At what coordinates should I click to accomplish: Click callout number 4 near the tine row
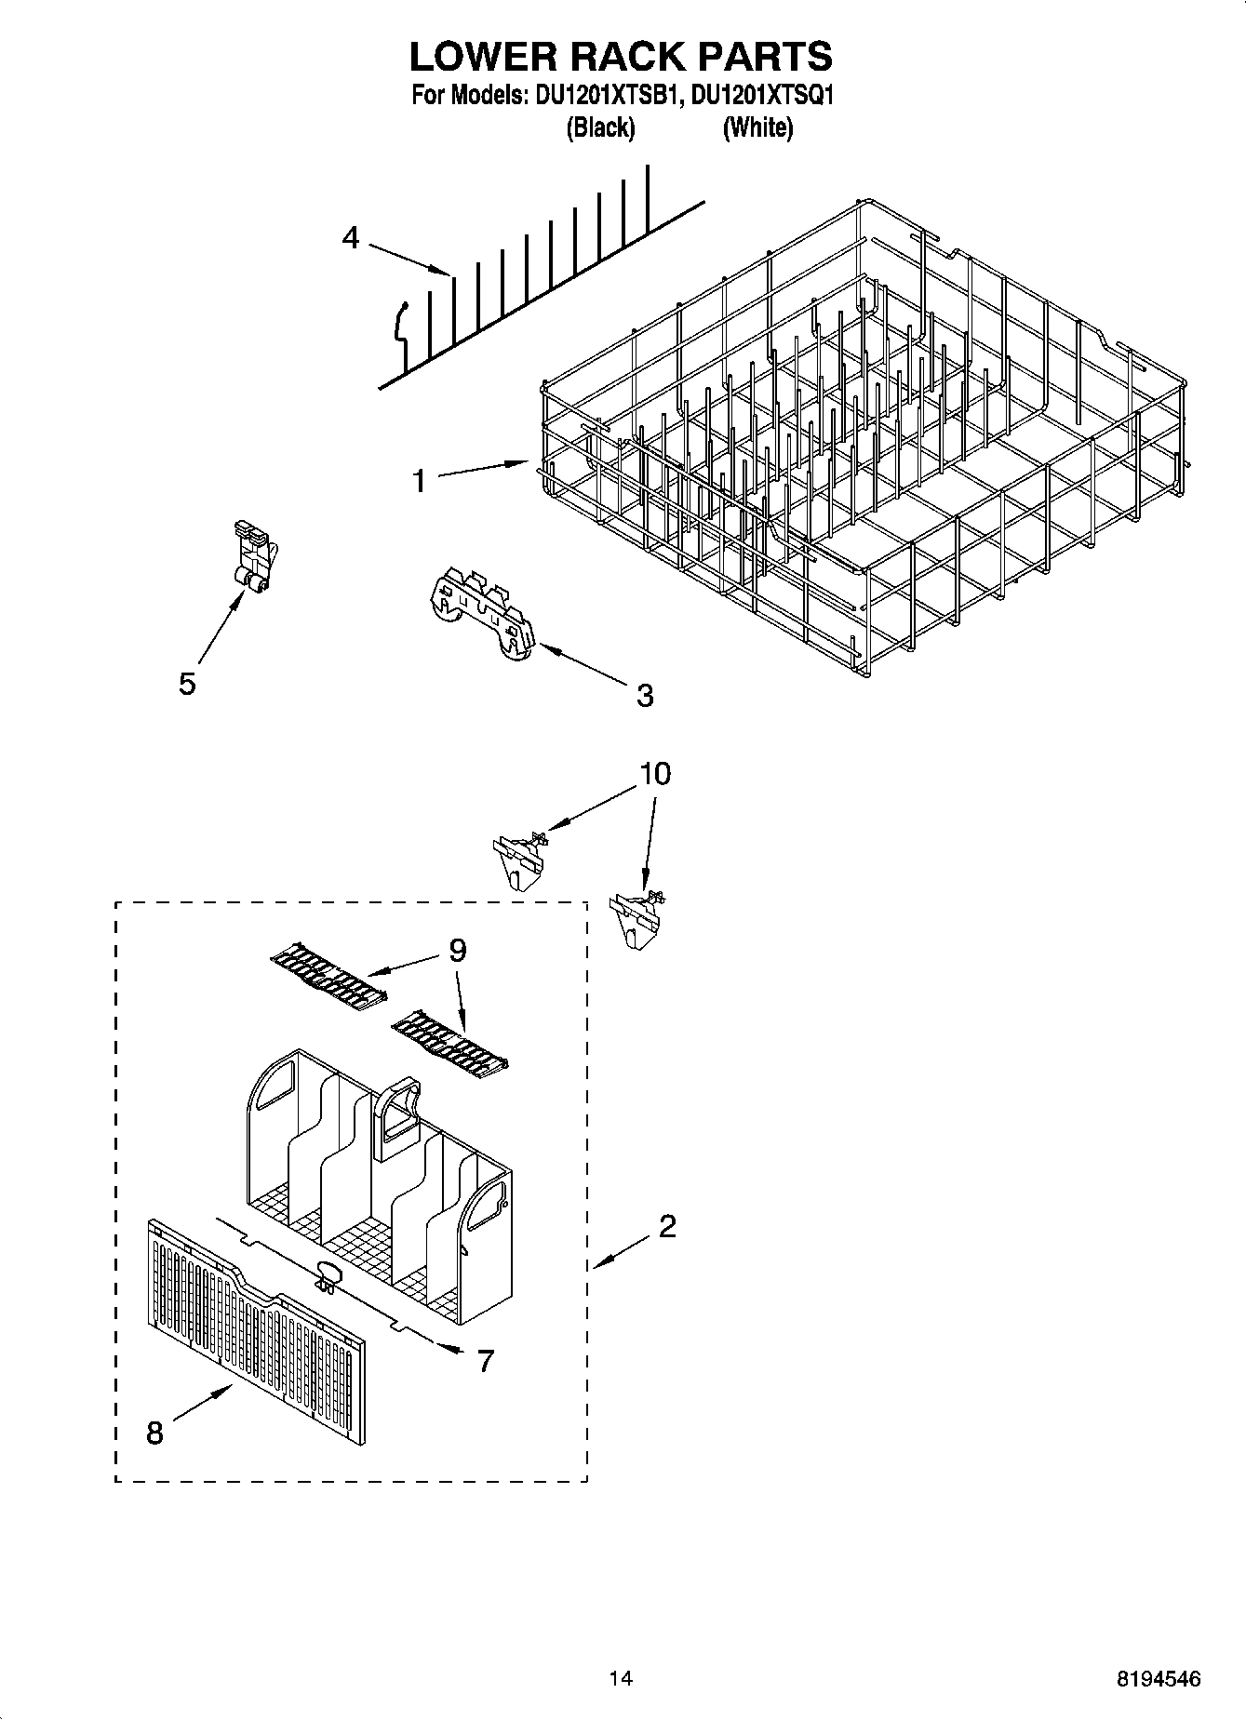pyautogui.click(x=350, y=238)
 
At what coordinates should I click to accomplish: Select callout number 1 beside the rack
pyautogui.click(x=419, y=481)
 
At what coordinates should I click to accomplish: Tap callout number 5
pyautogui.click(x=187, y=684)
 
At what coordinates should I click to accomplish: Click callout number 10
pyautogui.click(x=655, y=773)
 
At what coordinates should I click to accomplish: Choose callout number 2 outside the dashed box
pyautogui.click(x=666, y=1227)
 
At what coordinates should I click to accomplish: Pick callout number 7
pyautogui.click(x=485, y=1361)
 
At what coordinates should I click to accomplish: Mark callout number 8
pyautogui.click(x=154, y=1433)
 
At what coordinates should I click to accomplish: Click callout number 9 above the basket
pyautogui.click(x=457, y=950)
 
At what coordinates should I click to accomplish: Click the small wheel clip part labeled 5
pyautogui.click(x=252, y=561)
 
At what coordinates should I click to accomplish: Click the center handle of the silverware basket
pyautogui.click(x=397, y=1116)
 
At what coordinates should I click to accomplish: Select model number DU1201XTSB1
pyautogui.click(x=602, y=96)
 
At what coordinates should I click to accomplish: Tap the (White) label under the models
pyautogui.click(x=757, y=127)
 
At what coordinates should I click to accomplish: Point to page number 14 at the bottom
pyautogui.click(x=621, y=1679)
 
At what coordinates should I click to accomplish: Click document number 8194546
pyautogui.click(x=1158, y=1679)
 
